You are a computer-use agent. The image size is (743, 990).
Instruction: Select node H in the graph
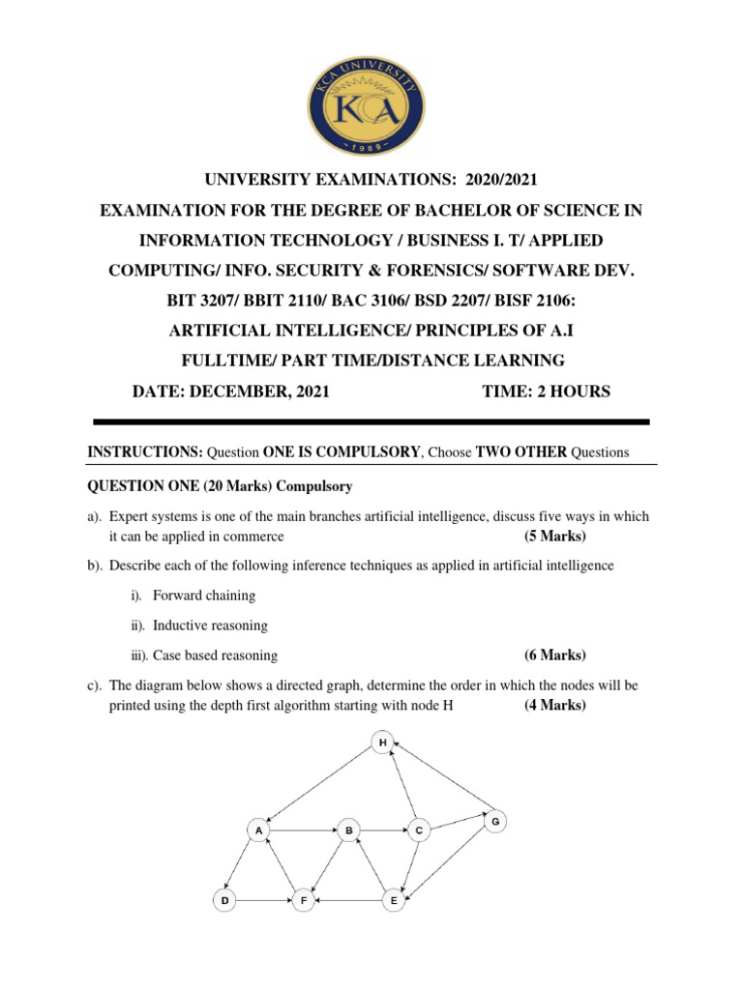(383, 742)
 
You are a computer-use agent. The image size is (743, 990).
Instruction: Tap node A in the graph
(258, 830)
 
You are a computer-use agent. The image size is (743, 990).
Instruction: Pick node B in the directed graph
(348, 830)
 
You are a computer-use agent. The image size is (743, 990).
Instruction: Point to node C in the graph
(418, 830)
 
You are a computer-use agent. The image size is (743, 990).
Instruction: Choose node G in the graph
(494, 821)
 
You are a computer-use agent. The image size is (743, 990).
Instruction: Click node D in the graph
(224, 900)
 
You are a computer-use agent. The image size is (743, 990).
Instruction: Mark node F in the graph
(303, 900)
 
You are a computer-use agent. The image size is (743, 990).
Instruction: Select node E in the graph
(393, 900)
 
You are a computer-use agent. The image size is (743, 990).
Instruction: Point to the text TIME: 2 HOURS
(546, 391)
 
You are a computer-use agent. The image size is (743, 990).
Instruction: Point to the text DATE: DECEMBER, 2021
(230, 391)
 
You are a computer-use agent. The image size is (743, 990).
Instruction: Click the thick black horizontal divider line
(371, 422)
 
